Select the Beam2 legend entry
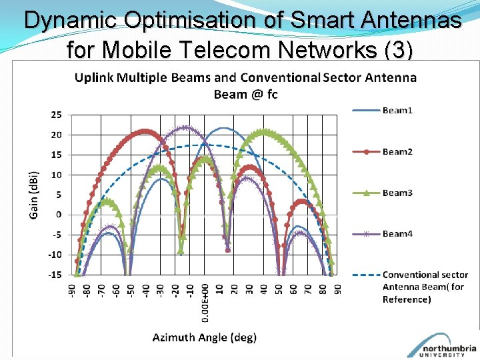click(397, 151)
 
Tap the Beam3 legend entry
click(397, 193)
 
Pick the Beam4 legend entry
click(397, 234)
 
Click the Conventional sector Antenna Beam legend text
click(425, 287)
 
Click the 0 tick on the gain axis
click(59, 215)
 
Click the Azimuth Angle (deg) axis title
click(204, 337)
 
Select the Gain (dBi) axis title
click(33, 195)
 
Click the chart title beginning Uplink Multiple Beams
click(245, 85)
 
